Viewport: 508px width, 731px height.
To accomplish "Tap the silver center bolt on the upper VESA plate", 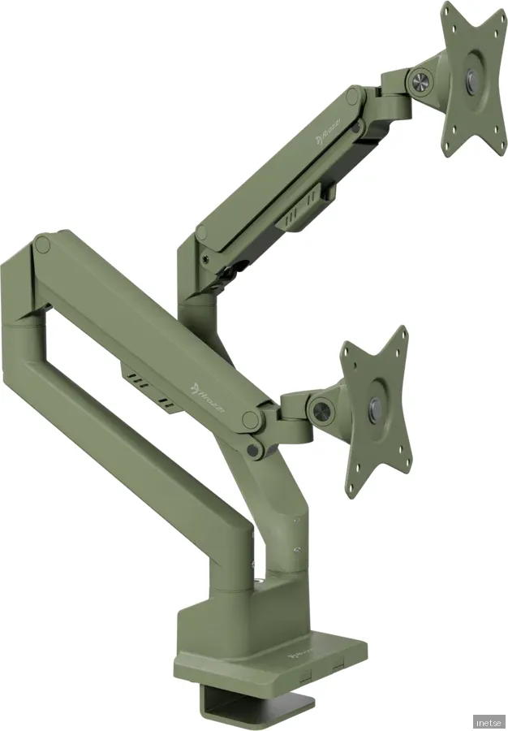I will point(473,79).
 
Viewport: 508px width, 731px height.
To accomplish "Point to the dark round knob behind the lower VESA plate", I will point(321,409).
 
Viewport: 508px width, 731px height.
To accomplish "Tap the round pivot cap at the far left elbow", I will point(43,243).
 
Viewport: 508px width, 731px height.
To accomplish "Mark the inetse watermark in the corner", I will point(488,721).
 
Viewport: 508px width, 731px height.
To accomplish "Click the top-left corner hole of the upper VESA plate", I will point(449,19).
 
